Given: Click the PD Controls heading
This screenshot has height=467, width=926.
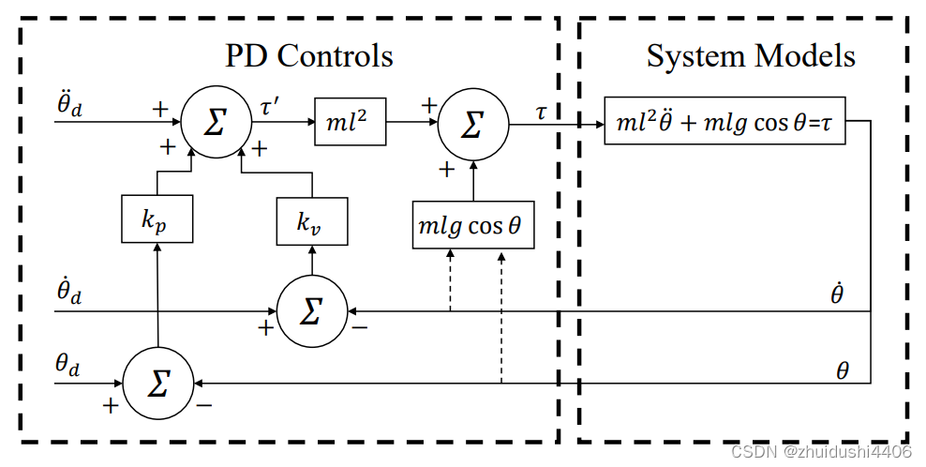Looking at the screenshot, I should coord(308,55).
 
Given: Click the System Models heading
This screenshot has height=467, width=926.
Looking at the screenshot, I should coord(751,55).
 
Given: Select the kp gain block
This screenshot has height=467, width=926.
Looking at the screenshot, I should coord(157,218).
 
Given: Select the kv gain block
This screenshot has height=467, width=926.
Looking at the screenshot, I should coord(310,221).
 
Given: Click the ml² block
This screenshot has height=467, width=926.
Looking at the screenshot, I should coord(351,121).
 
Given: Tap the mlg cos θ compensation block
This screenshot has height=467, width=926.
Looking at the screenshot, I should coord(473,225).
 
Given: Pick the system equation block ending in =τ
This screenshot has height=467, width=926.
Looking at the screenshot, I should coord(726,121).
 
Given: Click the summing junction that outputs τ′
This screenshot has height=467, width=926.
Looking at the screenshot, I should coord(216,123).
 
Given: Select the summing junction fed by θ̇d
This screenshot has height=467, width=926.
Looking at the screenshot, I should coord(311,311).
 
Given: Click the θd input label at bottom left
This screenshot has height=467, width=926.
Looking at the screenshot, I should coord(67,365).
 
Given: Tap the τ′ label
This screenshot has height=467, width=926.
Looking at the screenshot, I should coord(269,105).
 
